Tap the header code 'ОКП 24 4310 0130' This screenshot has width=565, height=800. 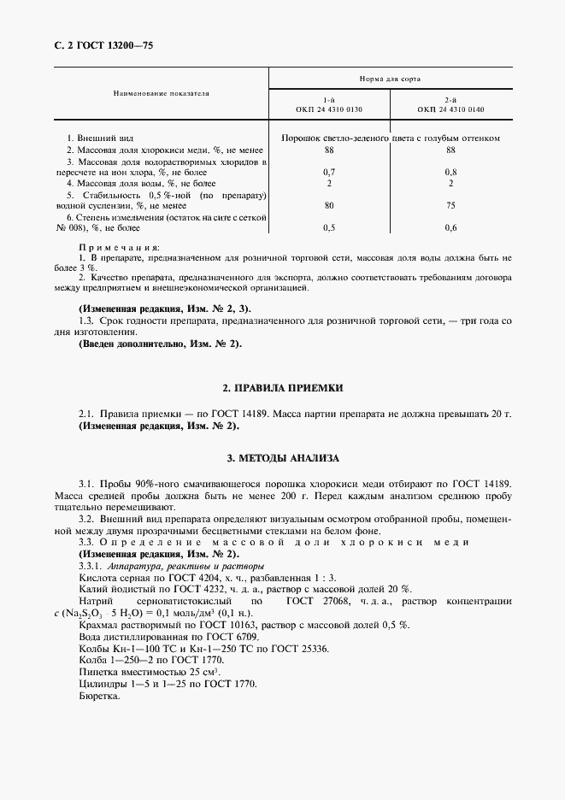coord(329,109)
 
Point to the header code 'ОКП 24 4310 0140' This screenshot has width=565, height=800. coord(450,109)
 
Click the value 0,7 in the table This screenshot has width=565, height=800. coord(329,172)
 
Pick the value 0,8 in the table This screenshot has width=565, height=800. coord(450,172)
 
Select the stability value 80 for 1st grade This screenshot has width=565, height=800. coord(329,205)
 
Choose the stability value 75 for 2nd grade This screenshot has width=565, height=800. coord(450,205)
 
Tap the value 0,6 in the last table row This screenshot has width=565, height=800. coord(450,227)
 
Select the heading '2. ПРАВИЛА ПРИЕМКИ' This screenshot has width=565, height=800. coord(282,388)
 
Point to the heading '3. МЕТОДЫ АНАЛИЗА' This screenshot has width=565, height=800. coord(282,457)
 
